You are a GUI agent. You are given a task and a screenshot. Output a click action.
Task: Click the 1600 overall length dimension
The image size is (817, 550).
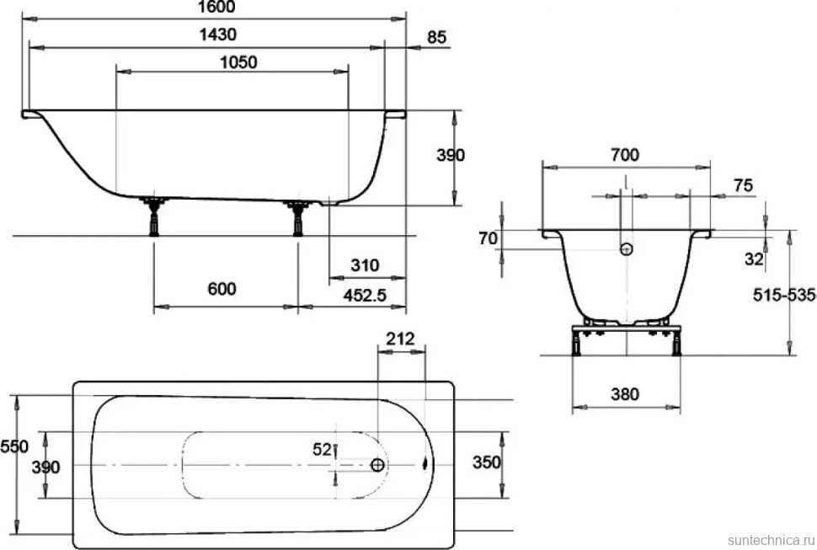217,7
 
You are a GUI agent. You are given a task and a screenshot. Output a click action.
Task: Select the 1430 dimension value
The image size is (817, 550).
218,35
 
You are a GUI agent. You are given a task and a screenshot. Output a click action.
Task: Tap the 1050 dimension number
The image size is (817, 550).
238,62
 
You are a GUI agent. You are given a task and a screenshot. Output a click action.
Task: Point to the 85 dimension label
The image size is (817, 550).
436,38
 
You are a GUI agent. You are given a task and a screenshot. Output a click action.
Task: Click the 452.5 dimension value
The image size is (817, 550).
365,296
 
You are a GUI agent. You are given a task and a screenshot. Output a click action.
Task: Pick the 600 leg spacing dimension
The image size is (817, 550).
222,289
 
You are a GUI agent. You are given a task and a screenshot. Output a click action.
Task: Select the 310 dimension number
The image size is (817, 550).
365,265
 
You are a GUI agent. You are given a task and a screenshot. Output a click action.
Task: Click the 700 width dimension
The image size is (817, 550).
625,155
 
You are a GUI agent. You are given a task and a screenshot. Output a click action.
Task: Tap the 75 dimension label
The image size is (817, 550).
743,185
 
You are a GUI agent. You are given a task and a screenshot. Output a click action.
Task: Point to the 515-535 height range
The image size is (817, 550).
784,296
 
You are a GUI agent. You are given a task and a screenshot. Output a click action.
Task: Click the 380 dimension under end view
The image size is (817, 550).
625,393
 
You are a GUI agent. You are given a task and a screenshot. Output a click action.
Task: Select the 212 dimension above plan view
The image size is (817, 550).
400,339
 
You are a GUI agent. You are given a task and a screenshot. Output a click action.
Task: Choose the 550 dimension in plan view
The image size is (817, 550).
14,446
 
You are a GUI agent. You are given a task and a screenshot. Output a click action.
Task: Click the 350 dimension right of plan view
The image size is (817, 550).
486,462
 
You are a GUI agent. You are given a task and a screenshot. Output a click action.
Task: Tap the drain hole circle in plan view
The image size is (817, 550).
378,465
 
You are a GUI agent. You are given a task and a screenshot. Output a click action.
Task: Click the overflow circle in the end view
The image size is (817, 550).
627,249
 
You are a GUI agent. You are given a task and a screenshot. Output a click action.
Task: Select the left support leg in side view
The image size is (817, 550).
153,216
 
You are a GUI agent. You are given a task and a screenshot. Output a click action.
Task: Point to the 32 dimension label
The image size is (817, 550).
754,259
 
